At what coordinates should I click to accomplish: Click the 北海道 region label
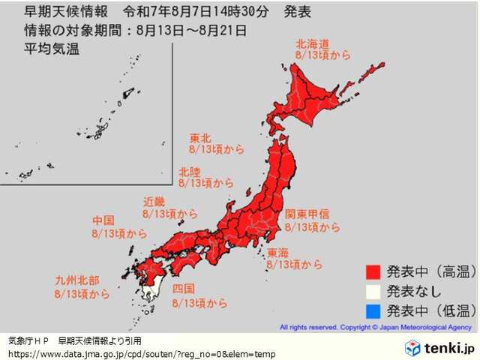click(313, 43)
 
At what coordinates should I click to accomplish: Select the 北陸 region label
click(189, 171)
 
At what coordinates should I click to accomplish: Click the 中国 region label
click(103, 220)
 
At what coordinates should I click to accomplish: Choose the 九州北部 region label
click(77, 280)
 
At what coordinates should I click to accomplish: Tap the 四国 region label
click(184, 289)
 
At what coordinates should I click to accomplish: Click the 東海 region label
click(278, 252)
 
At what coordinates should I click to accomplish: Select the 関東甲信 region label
click(305, 214)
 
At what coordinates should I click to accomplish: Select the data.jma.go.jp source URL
click(142, 353)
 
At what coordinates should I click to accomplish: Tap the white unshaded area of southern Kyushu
click(153, 289)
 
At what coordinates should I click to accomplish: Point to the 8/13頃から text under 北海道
click(323, 55)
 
